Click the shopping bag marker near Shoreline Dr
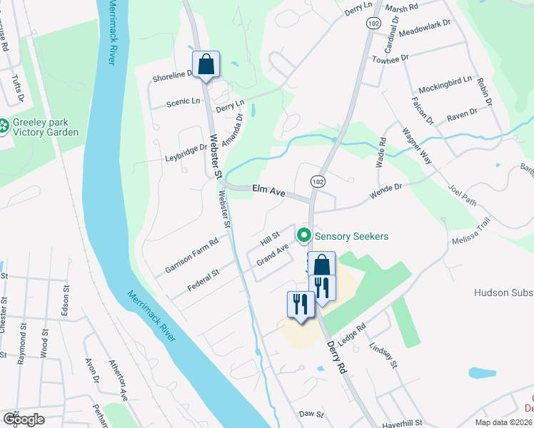(x=206, y=64)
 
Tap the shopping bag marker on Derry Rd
(x=321, y=264)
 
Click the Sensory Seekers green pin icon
(x=304, y=234)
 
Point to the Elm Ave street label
(x=269, y=190)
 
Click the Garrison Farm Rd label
(x=191, y=255)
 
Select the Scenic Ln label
(x=183, y=102)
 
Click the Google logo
(x=24, y=419)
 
